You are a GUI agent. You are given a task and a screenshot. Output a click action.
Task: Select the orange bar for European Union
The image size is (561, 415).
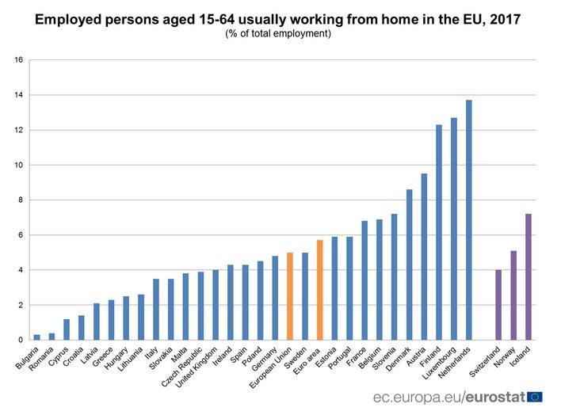point(290,296)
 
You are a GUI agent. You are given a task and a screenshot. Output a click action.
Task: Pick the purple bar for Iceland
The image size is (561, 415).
point(528,277)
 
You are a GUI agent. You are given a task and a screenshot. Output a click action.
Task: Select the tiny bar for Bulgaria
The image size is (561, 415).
point(37,337)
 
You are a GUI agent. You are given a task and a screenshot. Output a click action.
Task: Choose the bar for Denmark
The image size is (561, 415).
point(409,265)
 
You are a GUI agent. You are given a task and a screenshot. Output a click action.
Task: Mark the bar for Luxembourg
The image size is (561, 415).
point(454,229)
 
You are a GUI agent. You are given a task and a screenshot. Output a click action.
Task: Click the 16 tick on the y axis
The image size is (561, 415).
point(19,60)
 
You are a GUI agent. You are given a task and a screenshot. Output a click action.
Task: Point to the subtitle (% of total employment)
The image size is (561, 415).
point(278,34)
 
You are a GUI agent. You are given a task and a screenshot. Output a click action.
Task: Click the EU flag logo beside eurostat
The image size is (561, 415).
point(535,396)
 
